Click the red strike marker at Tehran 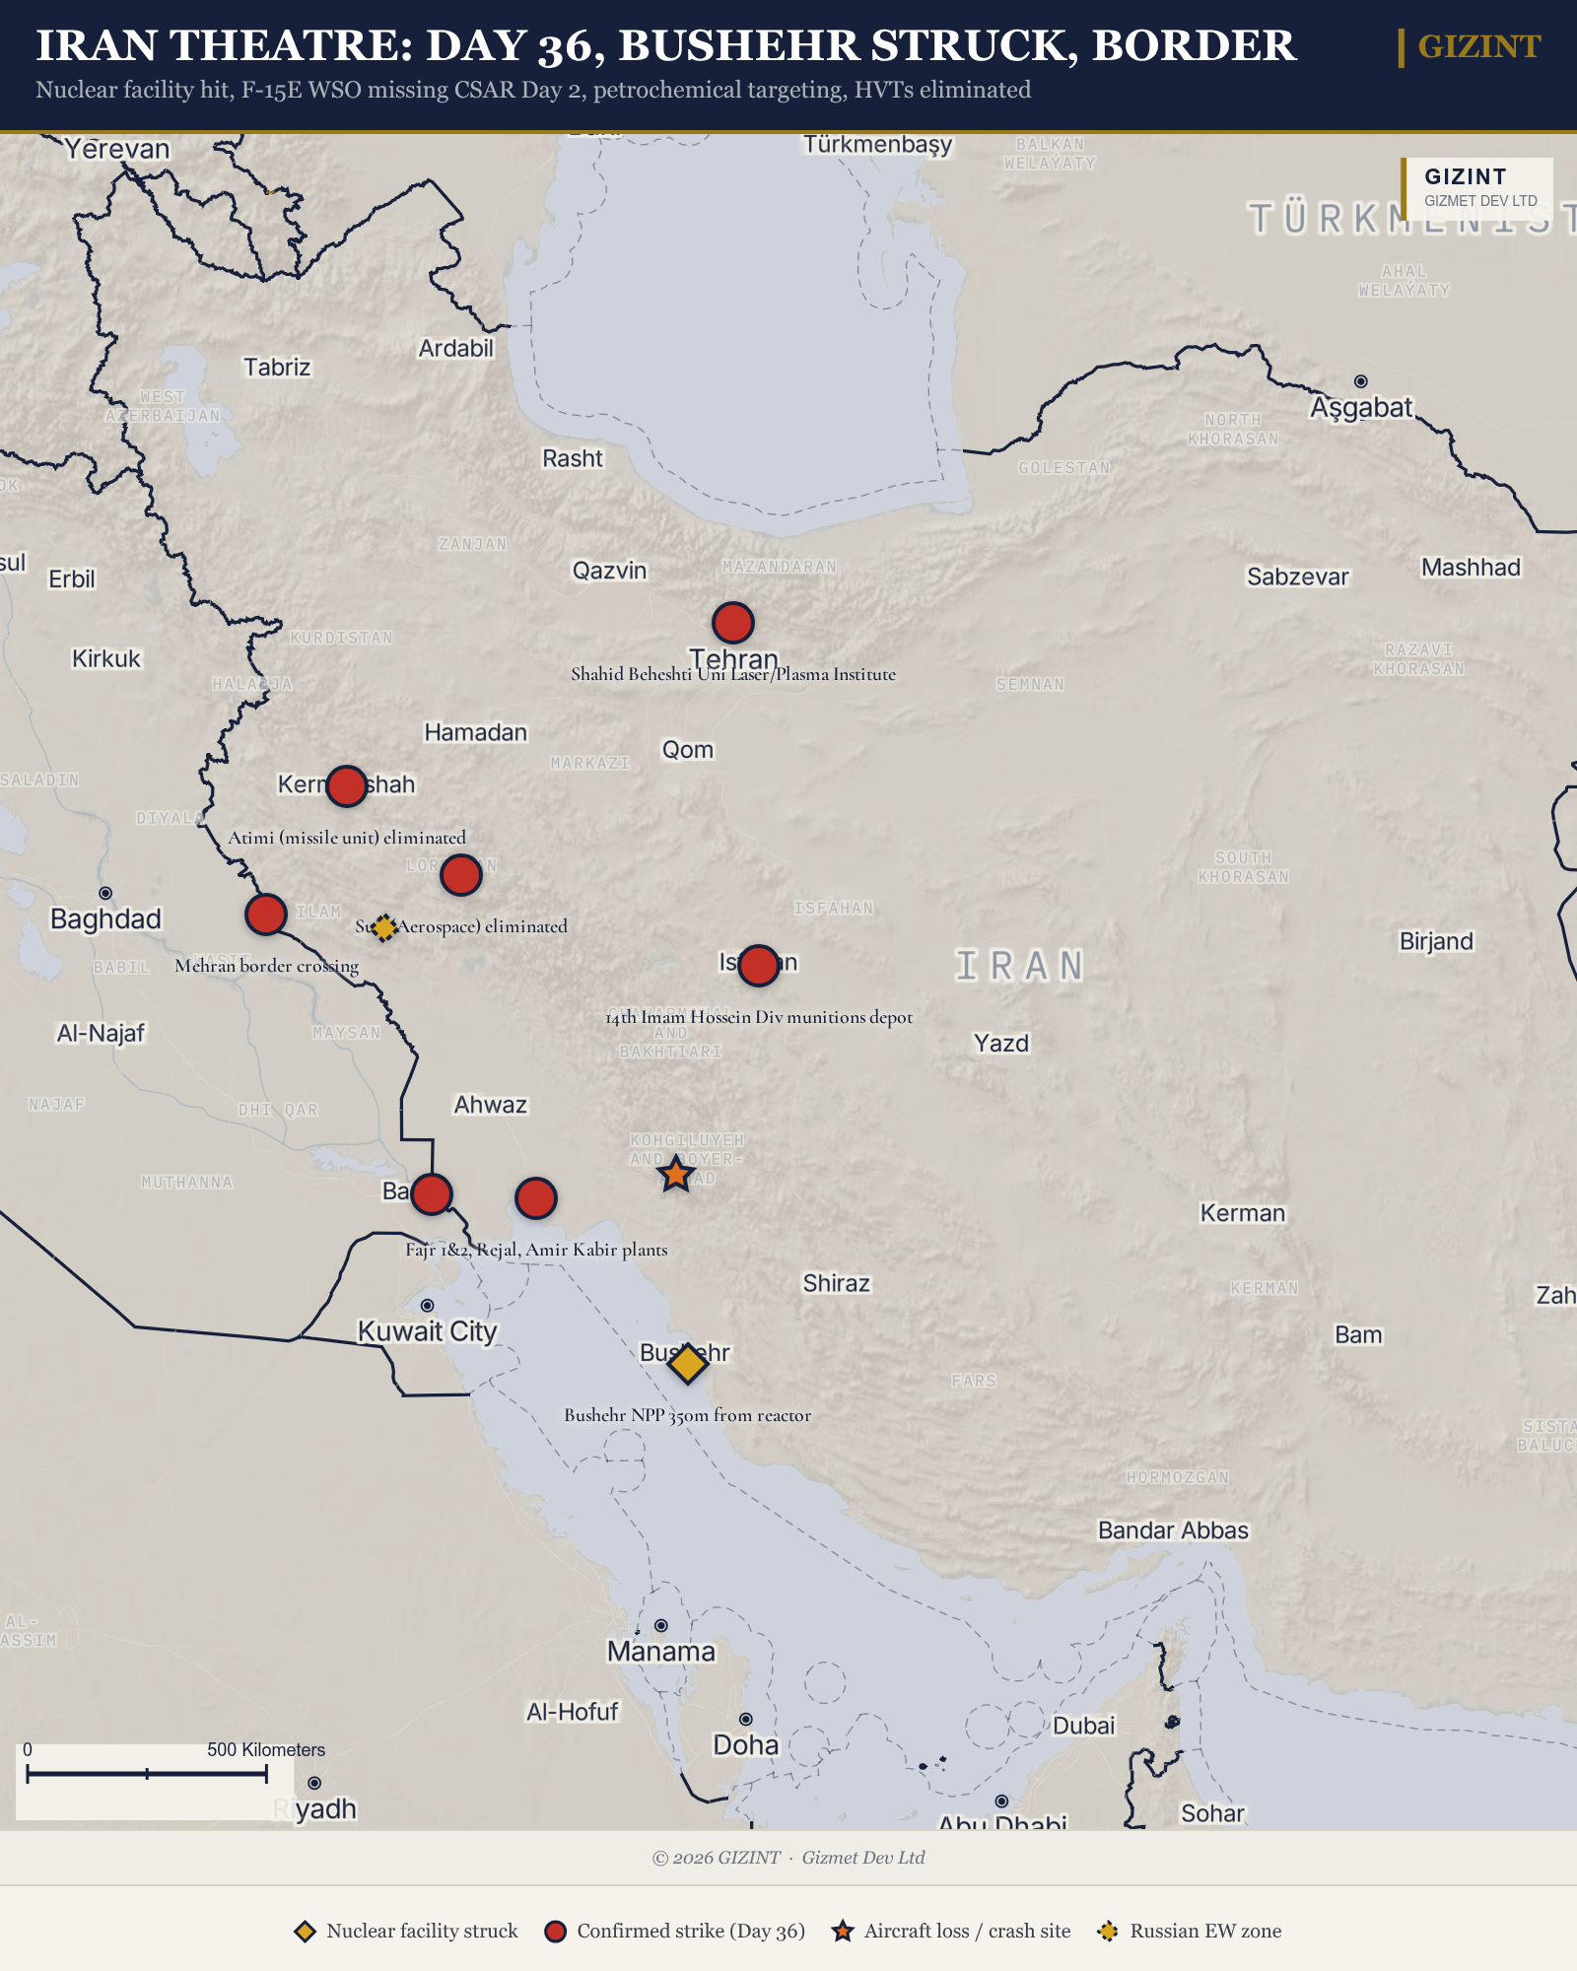click(733, 623)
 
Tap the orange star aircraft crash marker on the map click(675, 1175)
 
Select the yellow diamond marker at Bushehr click(688, 1363)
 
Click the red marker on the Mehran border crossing click(266, 915)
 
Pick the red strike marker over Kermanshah click(346, 786)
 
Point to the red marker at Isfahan click(758, 965)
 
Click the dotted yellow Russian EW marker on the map click(384, 927)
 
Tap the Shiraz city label click(836, 1283)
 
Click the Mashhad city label click(1471, 568)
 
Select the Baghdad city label click(105, 919)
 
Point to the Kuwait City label click(427, 1331)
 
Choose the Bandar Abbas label click(1173, 1530)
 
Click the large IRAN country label click(1020, 967)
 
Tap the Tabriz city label click(277, 368)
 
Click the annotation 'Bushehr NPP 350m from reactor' click(687, 1415)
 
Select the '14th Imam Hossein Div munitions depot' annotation click(759, 1017)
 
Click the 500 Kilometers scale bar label click(265, 1749)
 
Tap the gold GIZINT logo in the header click(1478, 46)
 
